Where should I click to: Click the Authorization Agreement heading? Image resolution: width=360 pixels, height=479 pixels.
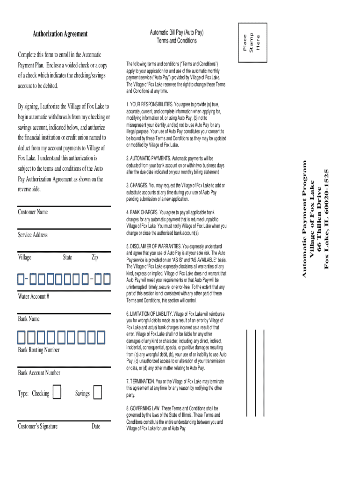pyautogui.click(x=59, y=34)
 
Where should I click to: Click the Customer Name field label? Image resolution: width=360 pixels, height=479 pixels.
pyautogui.click(x=33, y=212)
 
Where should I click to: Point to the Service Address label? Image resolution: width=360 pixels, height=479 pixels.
pyautogui.click(x=33, y=235)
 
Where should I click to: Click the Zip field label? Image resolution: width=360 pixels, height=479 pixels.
pyautogui.click(x=94, y=257)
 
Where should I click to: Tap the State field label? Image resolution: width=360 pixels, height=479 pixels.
pyautogui.click(x=68, y=257)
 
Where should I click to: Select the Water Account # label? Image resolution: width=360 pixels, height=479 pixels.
pyautogui.click(x=34, y=296)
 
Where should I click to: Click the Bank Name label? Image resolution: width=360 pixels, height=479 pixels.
pyautogui.click(x=29, y=319)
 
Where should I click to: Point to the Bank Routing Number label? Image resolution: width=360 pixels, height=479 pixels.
pyautogui.click(x=39, y=350)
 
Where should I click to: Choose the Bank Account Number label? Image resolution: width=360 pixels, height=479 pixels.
pyautogui.click(x=39, y=373)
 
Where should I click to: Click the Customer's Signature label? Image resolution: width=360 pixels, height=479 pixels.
pyautogui.click(x=38, y=426)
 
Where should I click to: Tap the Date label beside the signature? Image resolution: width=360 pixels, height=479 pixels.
pyautogui.click(x=96, y=426)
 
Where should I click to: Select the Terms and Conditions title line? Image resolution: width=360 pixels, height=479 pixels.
pyautogui.click(x=177, y=41)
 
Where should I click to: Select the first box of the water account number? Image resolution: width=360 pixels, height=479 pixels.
pyautogui.click(x=21, y=279)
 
